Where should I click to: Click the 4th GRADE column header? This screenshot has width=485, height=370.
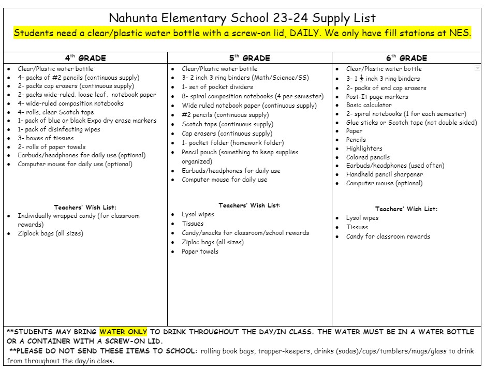(85, 58)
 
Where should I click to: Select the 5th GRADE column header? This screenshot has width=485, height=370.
(249, 58)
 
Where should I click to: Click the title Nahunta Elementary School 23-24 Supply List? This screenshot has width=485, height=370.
(242, 19)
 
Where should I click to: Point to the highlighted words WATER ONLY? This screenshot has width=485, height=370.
(123, 332)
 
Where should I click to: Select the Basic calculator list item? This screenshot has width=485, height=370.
(369, 105)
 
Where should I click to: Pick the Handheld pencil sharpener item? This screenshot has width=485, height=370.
(384, 174)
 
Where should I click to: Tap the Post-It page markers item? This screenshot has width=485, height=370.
(377, 97)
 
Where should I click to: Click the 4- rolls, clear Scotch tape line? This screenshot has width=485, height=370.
(56, 112)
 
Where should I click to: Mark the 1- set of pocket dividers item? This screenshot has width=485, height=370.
(217, 87)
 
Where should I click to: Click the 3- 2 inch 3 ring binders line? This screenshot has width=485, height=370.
(245, 78)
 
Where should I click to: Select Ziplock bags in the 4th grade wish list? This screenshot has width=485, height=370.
(50, 233)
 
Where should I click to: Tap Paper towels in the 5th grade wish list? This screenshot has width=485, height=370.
(200, 251)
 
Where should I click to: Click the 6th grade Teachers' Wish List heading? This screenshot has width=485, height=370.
(406, 209)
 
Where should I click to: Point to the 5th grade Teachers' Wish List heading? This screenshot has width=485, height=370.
(249, 205)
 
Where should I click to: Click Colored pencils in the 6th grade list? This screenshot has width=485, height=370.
(368, 157)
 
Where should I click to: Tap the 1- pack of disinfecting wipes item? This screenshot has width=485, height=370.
(59, 129)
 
